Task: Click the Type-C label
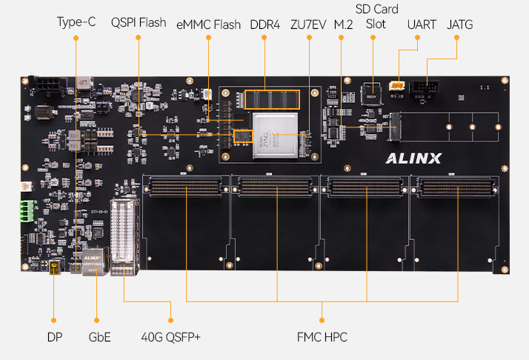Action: click(76, 23)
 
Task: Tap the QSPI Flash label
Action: click(139, 23)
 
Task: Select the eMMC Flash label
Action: click(208, 24)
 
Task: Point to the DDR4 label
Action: click(264, 24)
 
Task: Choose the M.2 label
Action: click(343, 24)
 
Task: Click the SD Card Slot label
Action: click(376, 16)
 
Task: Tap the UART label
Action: click(421, 24)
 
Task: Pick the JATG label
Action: click(460, 24)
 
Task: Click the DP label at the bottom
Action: click(53, 338)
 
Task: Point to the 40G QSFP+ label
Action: click(170, 338)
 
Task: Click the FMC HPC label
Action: click(322, 338)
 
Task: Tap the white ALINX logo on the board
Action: click(413, 157)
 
